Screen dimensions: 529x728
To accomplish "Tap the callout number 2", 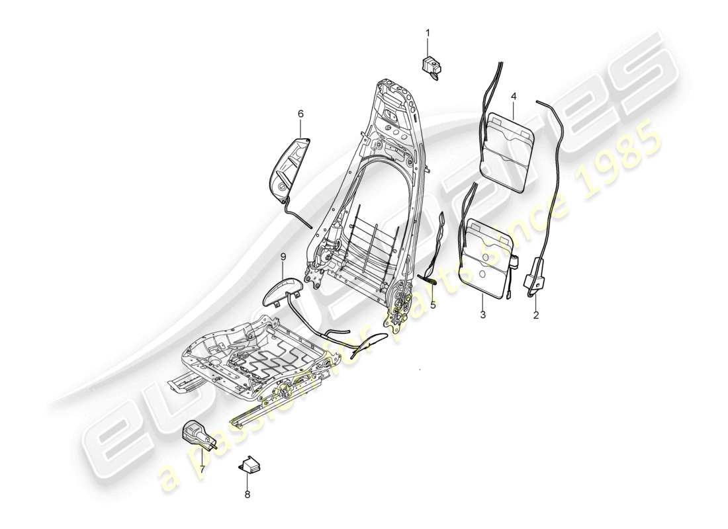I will point(536,315).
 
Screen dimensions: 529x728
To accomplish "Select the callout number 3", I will point(482,315).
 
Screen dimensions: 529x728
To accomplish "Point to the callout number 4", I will point(514,97).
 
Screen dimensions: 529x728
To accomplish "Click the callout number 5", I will point(433,305).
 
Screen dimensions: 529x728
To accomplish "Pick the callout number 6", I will point(300,114).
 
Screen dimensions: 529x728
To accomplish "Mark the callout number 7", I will point(203,470).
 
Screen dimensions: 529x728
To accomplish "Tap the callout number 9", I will point(283,256).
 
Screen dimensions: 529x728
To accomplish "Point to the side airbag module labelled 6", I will point(291,165).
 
